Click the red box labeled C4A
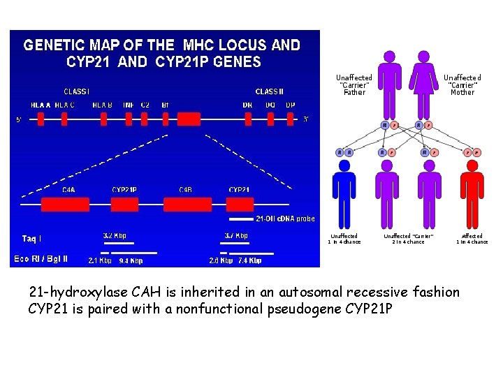pos(65,204)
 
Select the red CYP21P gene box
pos(124,204)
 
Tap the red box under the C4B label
pos(187,204)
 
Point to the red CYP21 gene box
pos(240,204)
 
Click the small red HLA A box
pos(41,119)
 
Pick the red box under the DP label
pos(290,119)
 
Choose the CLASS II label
pos(269,91)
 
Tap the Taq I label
pos(31,239)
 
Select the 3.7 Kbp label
pos(236,236)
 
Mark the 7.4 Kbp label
pos(249,260)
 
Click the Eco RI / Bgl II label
pos(41,259)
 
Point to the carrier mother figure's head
pos(423,57)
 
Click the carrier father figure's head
pos(389,57)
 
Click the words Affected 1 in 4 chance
pos(472,239)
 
